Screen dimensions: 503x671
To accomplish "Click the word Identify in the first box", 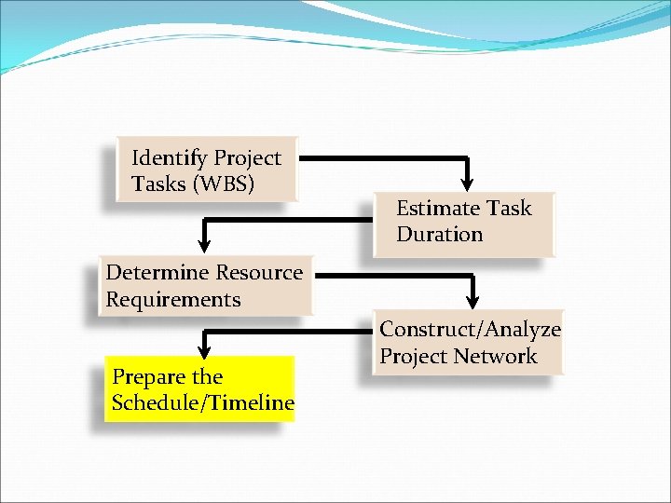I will click(169, 158).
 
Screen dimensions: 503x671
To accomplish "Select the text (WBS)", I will click(223, 184).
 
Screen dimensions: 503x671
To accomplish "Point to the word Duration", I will click(439, 235).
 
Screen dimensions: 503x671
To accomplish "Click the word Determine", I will click(157, 273).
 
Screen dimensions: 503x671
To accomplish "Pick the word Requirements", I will click(172, 300).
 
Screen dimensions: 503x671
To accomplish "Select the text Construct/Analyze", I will click(470, 330).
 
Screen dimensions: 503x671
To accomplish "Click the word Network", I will click(502, 357).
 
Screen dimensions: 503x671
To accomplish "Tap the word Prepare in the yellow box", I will click(147, 377).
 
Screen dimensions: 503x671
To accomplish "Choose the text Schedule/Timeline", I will click(202, 403).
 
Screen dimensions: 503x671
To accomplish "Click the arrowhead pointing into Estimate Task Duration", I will click(468, 179).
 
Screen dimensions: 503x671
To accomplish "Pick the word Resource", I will click(259, 273).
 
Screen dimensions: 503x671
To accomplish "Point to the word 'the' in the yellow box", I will click(207, 377).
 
